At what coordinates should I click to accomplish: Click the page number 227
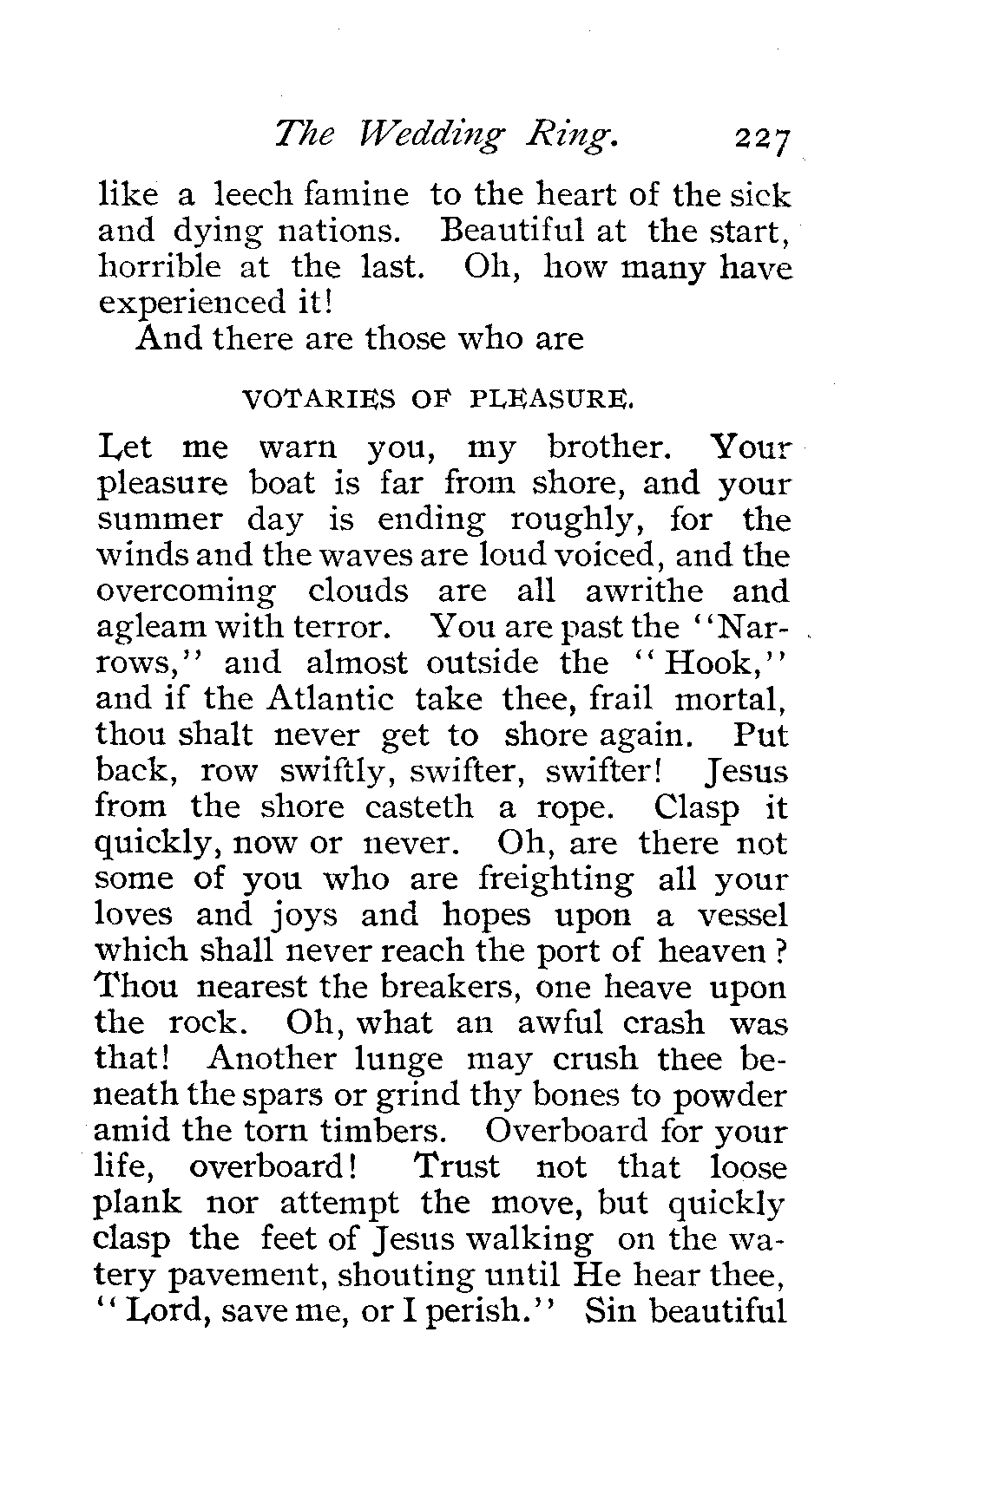pyautogui.click(x=764, y=139)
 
